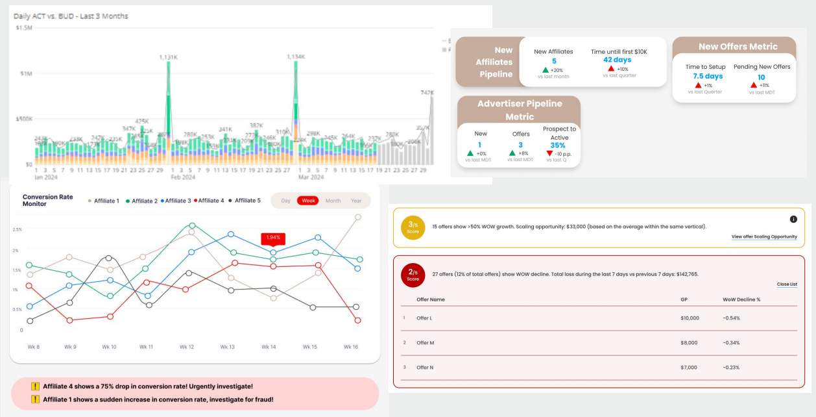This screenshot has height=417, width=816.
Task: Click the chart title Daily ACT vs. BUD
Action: point(71,16)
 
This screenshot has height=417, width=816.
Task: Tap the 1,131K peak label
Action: point(169,57)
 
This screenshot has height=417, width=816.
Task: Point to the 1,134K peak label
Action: point(296,57)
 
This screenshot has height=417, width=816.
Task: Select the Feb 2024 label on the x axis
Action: point(184,177)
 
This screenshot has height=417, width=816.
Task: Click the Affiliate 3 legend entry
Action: point(176,201)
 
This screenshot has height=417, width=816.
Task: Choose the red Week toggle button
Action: point(308,201)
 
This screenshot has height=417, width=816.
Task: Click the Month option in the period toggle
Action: point(333,201)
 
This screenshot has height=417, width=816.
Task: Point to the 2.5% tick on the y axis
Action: point(17,230)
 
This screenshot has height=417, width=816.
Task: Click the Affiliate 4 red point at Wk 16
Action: point(358,320)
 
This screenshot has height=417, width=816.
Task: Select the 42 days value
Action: point(617,60)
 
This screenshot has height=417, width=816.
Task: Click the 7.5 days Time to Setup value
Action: point(707,76)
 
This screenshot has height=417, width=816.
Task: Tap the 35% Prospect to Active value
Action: point(558,145)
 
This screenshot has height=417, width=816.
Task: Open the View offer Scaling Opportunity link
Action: point(764,236)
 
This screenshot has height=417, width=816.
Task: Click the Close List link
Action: point(787,284)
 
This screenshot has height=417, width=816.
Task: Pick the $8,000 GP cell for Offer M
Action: point(690,342)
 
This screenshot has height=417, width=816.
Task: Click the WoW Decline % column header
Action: point(741,299)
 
